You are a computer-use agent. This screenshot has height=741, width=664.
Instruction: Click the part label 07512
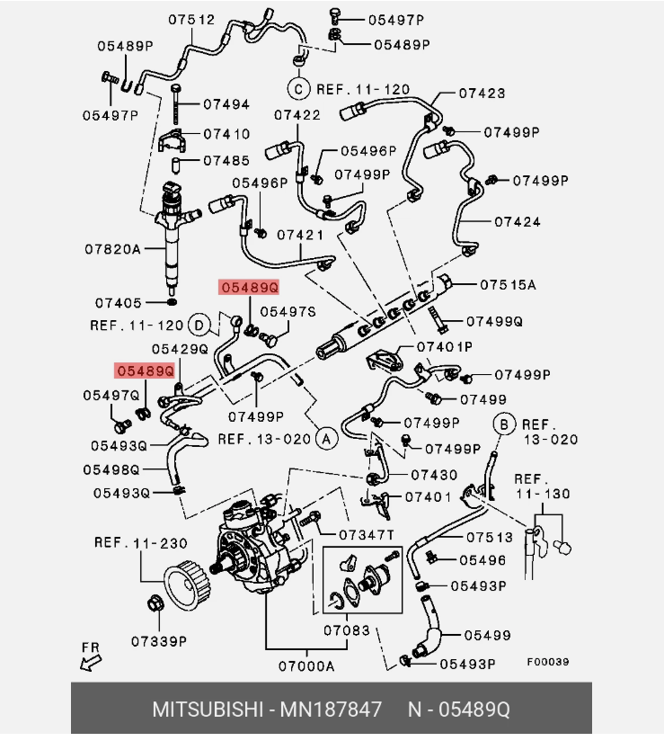tap(191, 20)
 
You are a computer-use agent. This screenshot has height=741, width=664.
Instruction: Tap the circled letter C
tap(298, 89)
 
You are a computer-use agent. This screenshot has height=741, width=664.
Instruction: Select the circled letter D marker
tap(199, 326)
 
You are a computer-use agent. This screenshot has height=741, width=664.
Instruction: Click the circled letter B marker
tap(504, 424)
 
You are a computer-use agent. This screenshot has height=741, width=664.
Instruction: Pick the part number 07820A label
tap(113, 249)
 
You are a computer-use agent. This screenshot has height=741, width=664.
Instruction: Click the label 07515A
tap(509, 285)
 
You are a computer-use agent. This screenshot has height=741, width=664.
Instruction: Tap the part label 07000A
tap(306, 666)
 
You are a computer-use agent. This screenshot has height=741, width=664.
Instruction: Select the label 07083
tap(347, 630)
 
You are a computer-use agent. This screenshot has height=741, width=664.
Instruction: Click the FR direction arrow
tap(91, 662)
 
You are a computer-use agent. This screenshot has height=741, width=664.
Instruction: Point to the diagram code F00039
tap(548, 662)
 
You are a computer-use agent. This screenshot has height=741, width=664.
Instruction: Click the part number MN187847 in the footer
tap(331, 710)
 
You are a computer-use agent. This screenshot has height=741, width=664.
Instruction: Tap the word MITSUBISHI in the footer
tap(208, 710)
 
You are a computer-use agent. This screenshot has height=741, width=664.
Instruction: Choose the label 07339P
tap(159, 641)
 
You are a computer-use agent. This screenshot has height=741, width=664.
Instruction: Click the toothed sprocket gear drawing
tap(188, 586)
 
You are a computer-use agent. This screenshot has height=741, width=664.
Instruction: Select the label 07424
tap(518, 221)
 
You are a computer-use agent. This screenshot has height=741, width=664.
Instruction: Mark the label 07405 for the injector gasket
tap(119, 303)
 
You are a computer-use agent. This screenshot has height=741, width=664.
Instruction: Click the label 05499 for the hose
tap(487, 635)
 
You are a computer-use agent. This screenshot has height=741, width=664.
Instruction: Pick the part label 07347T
tap(367, 535)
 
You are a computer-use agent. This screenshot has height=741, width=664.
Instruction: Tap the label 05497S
tap(288, 312)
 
